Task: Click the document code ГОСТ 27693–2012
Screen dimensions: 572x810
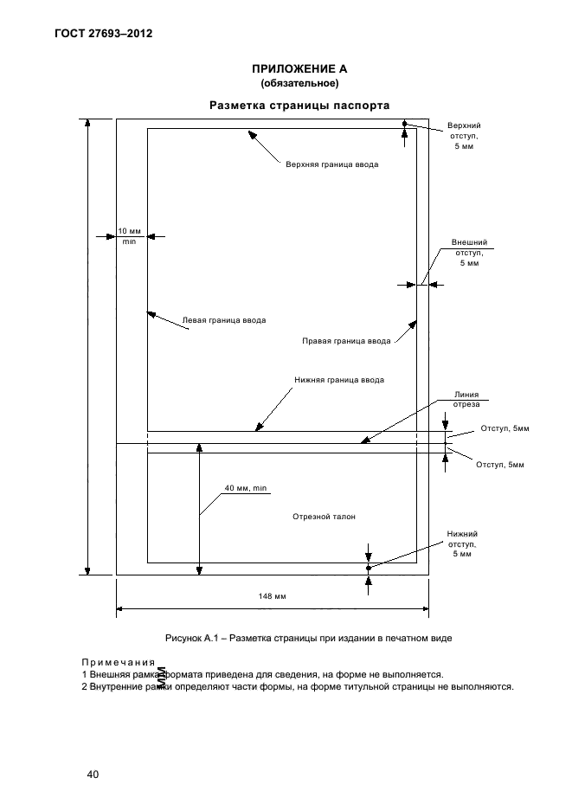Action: coord(103,34)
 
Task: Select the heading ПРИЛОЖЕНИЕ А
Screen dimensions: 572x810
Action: coord(299,68)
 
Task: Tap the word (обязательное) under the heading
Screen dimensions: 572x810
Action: coord(299,83)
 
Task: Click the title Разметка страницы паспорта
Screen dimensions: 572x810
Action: coord(299,106)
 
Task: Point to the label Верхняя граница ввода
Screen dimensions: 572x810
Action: coord(331,164)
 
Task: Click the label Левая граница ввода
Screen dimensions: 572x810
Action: coord(224,320)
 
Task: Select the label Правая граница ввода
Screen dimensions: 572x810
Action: coord(346,341)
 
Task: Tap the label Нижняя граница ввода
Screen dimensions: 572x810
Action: coord(339,380)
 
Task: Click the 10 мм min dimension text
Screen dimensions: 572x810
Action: coord(129,236)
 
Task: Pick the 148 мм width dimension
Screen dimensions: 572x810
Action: coord(273,596)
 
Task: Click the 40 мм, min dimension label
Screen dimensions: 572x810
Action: coord(246,488)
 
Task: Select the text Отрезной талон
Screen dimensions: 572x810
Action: coord(324,517)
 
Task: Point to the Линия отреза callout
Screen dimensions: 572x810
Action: coord(466,399)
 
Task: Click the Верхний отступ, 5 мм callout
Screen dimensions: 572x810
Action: coord(464,136)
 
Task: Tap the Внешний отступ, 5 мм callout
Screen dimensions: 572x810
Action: coord(469,253)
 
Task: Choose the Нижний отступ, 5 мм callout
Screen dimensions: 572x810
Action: coord(462,544)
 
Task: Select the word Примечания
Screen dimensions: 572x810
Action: coord(119,662)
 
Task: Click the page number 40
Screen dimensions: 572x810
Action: coord(93,775)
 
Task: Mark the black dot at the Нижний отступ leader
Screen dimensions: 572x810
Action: coord(369,569)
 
